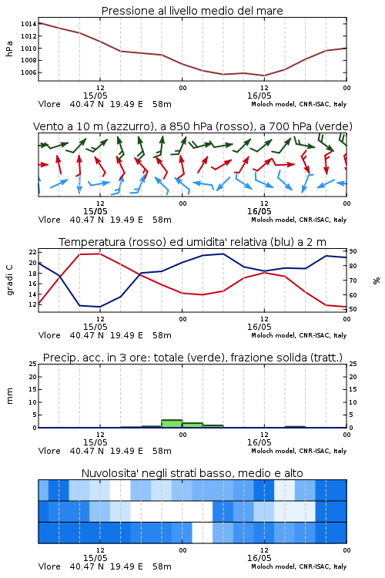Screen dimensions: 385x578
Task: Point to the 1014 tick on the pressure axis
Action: (x=28, y=24)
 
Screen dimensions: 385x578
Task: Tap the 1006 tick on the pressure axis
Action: (x=28, y=72)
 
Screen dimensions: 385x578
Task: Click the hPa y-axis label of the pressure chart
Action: (x=9, y=49)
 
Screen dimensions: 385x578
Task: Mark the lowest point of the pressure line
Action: (x=264, y=76)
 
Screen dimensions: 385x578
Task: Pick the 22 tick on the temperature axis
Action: (x=33, y=252)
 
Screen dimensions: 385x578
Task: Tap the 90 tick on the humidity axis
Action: (x=353, y=251)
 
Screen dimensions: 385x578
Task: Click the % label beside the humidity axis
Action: (x=377, y=281)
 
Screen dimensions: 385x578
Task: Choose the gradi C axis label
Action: (x=9, y=281)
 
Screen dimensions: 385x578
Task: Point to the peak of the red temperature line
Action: (x=100, y=254)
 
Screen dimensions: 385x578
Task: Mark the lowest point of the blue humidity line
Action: (x=100, y=307)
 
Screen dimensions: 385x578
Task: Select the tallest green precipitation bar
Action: (x=172, y=424)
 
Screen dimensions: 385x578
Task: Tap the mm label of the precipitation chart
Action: (x=9, y=396)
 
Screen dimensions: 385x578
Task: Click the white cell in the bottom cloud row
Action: (x=203, y=533)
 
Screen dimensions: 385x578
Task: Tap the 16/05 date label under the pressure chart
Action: (x=259, y=96)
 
